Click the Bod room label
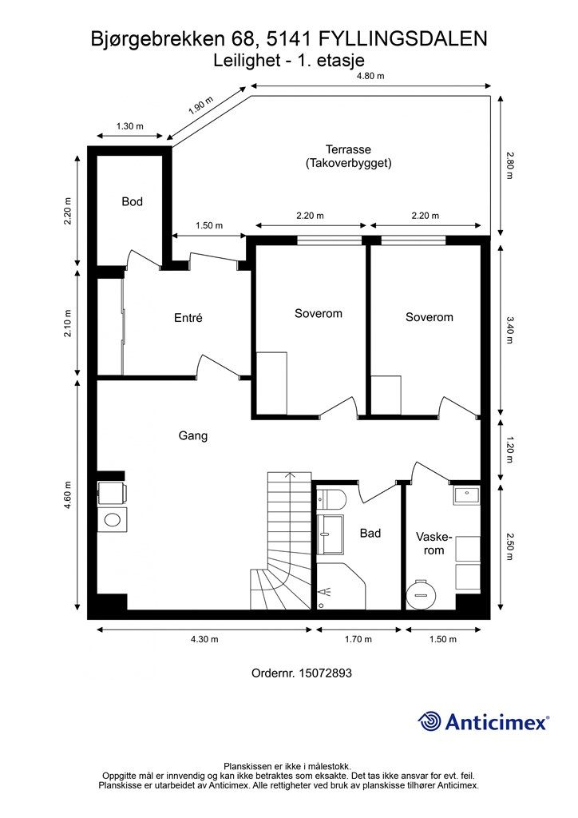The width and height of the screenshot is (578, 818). coord(132,201)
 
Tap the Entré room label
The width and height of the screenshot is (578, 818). coord(188,318)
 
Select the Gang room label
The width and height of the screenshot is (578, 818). coord(193,435)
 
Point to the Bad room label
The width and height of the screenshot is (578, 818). coord(370,533)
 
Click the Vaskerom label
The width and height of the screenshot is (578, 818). coord(433,543)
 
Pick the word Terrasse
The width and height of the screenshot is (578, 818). coord(348,149)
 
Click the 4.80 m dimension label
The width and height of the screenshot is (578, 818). coord(370,76)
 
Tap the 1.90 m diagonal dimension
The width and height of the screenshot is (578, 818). coord(201,105)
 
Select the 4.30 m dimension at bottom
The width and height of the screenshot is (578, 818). coord(204,639)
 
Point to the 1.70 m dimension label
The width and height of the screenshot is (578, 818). coord(358,639)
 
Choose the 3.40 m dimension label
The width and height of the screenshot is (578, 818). coord(510,330)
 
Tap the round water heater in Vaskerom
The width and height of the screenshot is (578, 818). coord(420,594)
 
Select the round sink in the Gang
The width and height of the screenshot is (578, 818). coord(112,519)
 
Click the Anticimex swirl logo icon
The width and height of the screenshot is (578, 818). coord(430,721)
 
